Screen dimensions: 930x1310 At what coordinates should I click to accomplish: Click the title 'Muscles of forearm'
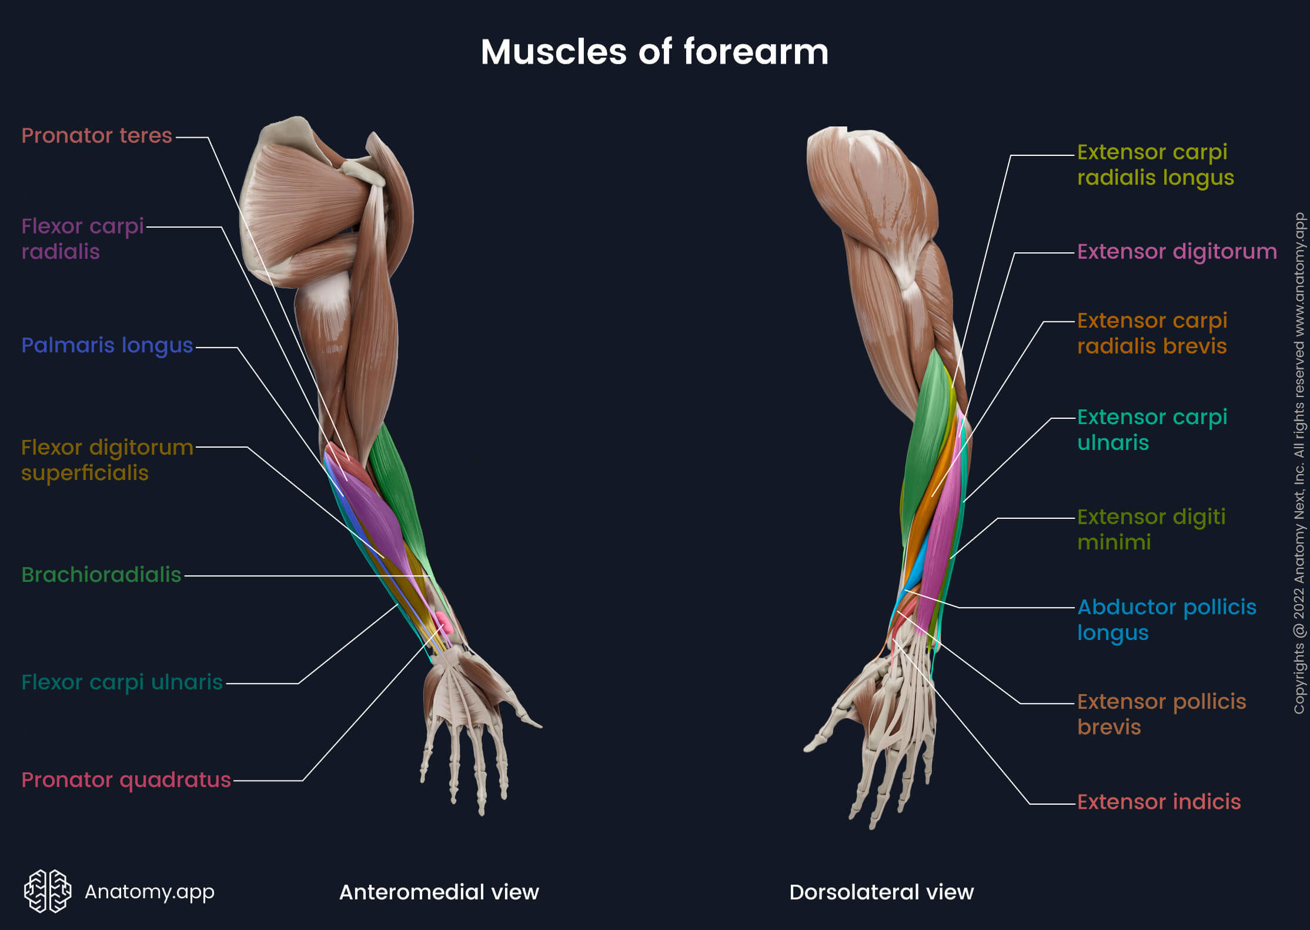click(x=654, y=52)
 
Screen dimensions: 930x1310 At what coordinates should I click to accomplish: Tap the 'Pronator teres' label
click(x=97, y=136)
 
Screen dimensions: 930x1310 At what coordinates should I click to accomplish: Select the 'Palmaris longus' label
click(x=107, y=345)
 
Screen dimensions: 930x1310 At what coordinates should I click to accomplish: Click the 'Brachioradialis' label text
click(x=101, y=575)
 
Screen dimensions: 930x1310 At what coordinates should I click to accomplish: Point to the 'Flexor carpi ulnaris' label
click(x=122, y=682)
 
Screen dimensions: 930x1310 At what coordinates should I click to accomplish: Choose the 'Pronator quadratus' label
click(x=126, y=780)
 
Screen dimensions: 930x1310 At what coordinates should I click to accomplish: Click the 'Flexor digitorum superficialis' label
click(x=107, y=460)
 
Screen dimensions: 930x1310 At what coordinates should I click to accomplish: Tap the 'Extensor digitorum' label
click(x=1177, y=252)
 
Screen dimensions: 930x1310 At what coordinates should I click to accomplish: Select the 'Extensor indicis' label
click(x=1158, y=802)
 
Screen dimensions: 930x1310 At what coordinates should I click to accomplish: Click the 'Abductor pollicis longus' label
click(x=1166, y=619)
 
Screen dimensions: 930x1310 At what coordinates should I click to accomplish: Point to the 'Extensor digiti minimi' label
click(x=1151, y=529)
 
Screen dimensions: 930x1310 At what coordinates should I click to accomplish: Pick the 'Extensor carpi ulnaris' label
click(x=1152, y=429)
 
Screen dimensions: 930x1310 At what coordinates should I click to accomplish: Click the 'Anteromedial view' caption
click(x=439, y=892)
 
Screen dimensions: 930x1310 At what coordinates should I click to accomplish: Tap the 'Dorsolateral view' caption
click(x=881, y=892)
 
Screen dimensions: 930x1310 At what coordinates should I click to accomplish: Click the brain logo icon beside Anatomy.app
click(x=48, y=891)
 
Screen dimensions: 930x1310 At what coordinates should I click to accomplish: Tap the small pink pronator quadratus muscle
click(x=443, y=622)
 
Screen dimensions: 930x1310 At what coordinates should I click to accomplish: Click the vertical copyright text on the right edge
click(x=1299, y=465)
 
